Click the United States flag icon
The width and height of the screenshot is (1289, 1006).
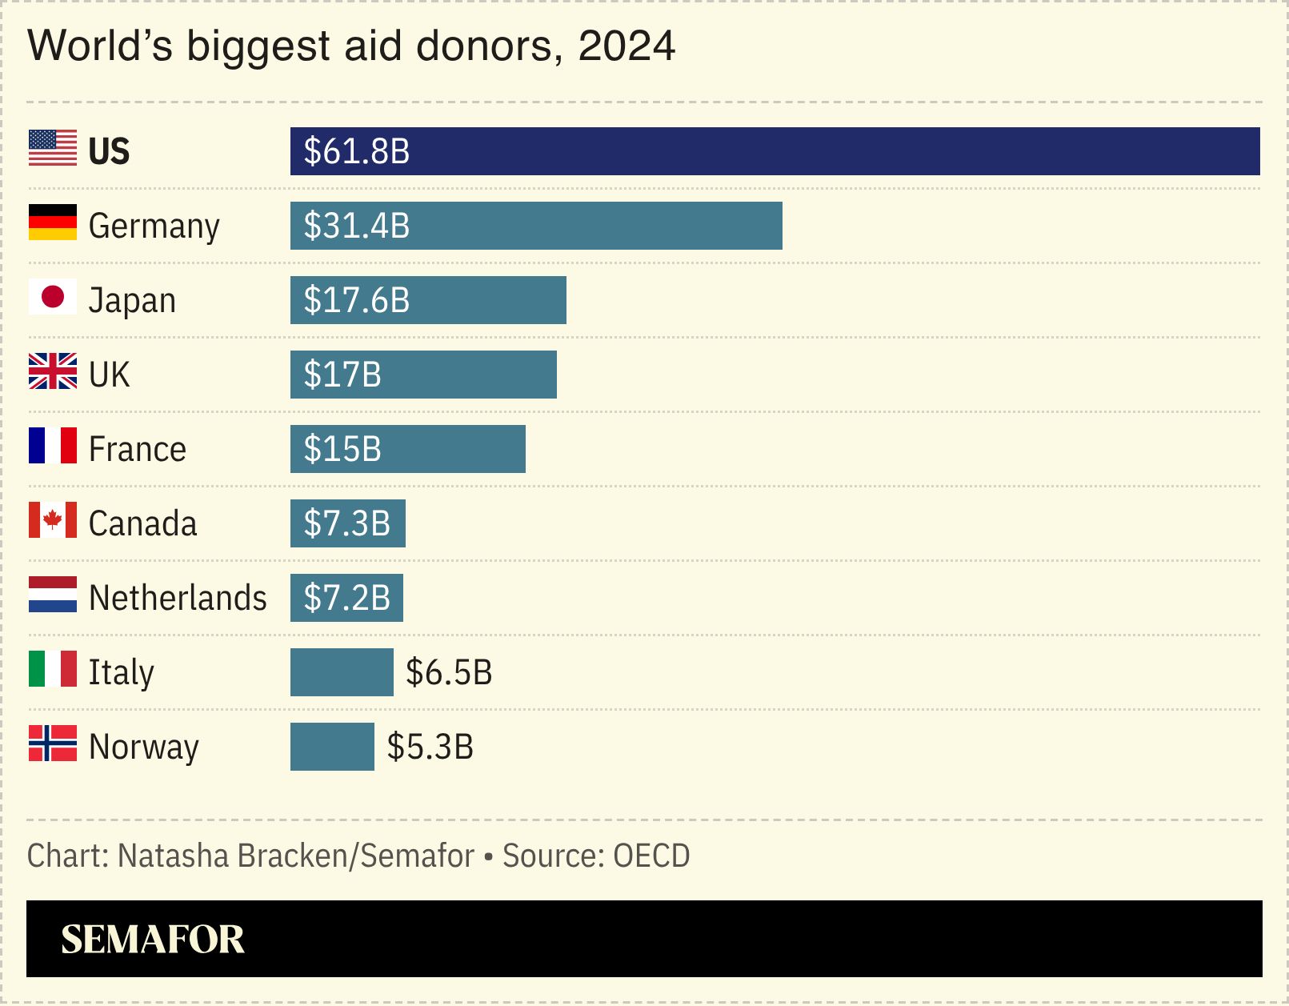click(x=53, y=148)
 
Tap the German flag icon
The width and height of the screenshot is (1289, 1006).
click(x=53, y=222)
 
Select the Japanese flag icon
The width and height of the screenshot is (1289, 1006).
click(x=53, y=297)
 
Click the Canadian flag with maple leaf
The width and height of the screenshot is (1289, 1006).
click(x=53, y=520)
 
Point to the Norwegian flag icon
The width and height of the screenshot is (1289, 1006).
click(x=53, y=743)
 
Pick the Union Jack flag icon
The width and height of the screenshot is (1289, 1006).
click(x=53, y=371)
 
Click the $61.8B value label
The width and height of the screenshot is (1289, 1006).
click(x=357, y=151)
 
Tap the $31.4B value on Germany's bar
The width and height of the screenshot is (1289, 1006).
click(x=357, y=226)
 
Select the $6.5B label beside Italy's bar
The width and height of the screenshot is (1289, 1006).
click(x=449, y=672)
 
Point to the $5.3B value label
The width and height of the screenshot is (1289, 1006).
click(x=430, y=747)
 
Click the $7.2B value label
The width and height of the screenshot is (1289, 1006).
click(x=347, y=598)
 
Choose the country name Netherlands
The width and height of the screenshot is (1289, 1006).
click(x=178, y=598)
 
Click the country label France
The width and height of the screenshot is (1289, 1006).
click(x=138, y=449)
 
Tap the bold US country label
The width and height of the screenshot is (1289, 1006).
click(x=109, y=151)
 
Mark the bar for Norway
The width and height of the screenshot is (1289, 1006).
click(x=332, y=747)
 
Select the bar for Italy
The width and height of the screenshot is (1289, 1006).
click(x=342, y=672)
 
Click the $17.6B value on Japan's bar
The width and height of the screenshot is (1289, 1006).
click(x=357, y=300)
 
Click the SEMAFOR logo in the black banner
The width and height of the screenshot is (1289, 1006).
click(x=153, y=939)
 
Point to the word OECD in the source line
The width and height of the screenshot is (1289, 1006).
click(x=651, y=856)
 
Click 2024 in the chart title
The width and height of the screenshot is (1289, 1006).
click(x=626, y=46)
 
